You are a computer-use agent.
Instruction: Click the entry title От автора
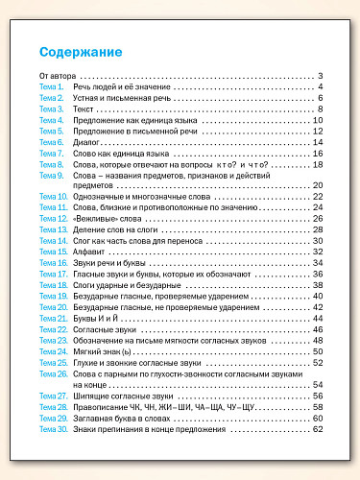coord(57,76)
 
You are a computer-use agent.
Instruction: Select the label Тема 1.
coord(51,87)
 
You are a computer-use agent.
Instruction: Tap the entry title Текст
coord(84,108)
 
